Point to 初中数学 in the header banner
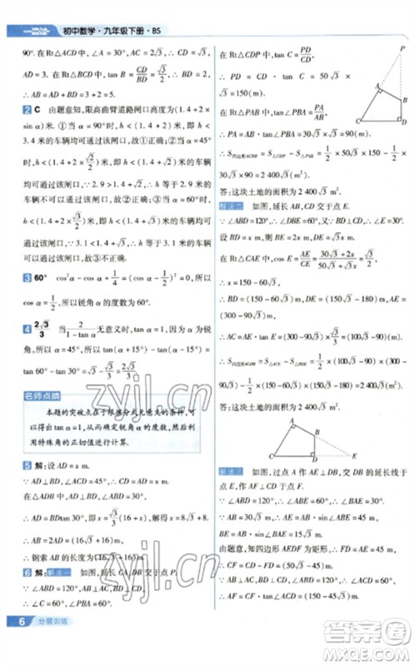point(77,33)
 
